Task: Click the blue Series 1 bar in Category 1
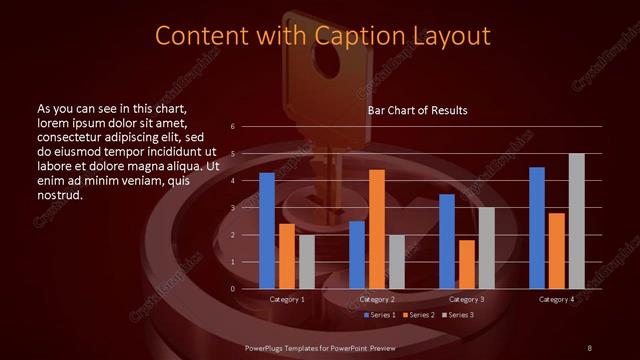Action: click(x=267, y=231)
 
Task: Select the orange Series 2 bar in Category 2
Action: click(x=376, y=229)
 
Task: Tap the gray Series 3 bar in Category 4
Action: click(x=576, y=221)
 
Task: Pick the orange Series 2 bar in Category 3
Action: click(x=466, y=264)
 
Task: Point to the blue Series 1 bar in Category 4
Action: click(x=537, y=228)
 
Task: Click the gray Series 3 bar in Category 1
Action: click(x=306, y=262)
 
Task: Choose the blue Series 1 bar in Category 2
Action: click(x=357, y=255)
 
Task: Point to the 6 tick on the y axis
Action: click(x=233, y=127)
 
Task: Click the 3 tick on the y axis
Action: click(x=233, y=208)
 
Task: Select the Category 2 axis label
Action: click(x=377, y=299)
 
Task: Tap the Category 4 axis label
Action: click(x=557, y=299)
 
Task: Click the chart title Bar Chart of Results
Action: click(x=417, y=109)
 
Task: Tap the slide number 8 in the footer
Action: click(x=589, y=347)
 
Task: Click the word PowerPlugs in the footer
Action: click(x=268, y=347)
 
